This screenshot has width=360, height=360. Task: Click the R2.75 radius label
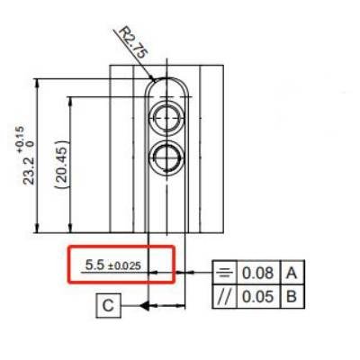click(132, 42)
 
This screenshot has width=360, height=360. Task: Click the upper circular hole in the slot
click(166, 114)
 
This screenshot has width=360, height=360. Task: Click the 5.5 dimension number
click(94, 265)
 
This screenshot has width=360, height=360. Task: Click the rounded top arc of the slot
click(166, 80)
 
